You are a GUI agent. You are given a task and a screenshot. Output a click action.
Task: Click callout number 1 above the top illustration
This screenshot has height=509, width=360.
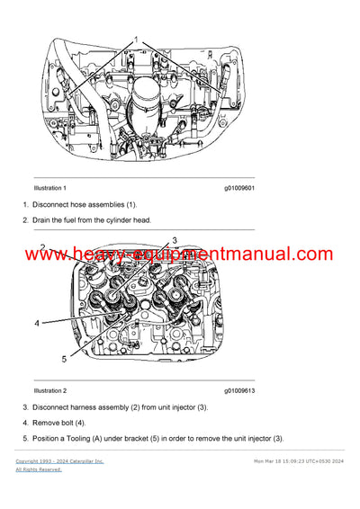137,41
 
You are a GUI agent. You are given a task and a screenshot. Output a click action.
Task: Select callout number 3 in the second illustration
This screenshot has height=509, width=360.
175,240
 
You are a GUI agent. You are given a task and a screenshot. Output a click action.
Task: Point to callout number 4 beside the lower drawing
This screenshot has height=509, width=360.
37,322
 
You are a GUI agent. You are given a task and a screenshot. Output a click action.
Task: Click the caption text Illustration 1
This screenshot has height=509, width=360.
49,188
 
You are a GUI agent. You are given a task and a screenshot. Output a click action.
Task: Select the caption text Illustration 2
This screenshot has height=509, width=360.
49,391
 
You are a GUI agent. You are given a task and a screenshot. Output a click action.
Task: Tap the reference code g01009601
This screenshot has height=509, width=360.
239,188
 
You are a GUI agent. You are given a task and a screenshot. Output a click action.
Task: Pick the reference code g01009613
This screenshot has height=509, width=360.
239,391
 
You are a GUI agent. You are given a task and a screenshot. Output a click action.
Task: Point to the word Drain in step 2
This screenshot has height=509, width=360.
44,219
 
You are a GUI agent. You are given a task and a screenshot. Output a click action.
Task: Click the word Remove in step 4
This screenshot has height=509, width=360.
49,423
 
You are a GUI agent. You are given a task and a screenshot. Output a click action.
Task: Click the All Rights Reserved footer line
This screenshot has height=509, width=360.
39,469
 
